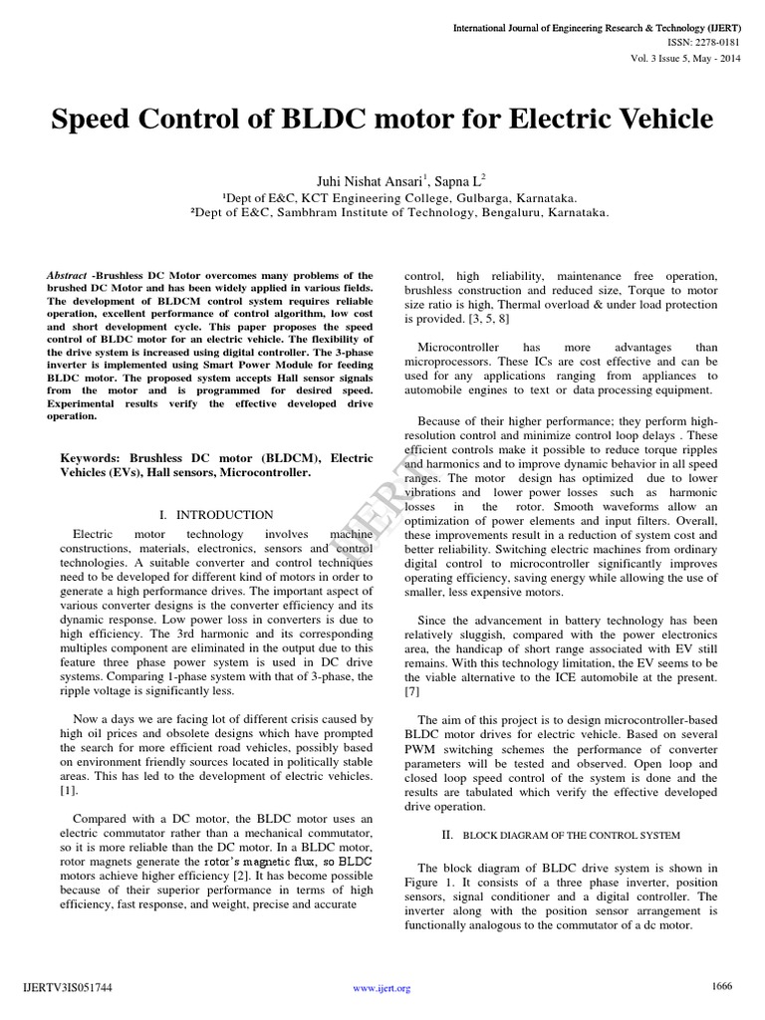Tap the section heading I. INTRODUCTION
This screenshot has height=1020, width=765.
(216, 515)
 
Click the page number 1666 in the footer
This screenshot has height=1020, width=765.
(722, 986)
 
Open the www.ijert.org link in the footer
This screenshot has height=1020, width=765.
(382, 989)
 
